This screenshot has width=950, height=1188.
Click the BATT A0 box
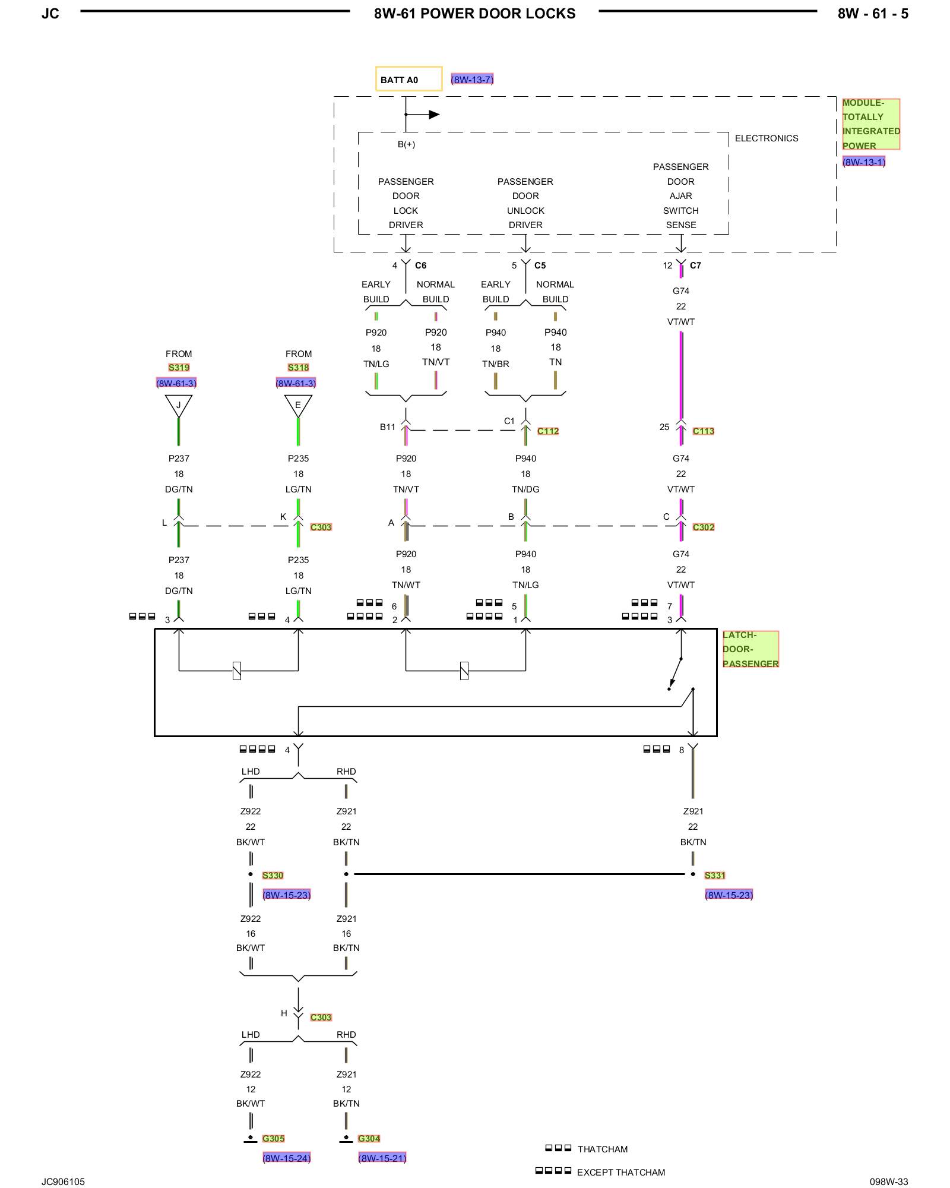(408, 79)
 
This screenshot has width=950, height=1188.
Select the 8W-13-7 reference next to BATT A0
(472, 80)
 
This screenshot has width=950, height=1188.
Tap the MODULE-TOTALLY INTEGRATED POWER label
(871, 124)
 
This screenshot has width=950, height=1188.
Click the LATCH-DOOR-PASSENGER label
(750, 649)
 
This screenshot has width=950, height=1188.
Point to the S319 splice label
(179, 368)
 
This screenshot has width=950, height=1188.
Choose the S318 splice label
(298, 368)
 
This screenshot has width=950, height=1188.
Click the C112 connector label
(548, 431)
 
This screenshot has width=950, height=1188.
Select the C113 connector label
(704, 431)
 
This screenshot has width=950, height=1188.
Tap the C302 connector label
(704, 527)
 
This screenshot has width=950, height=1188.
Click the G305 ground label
(274, 1139)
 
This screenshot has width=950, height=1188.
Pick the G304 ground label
(369, 1139)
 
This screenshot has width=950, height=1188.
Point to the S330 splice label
(273, 876)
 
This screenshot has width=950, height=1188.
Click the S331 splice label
(715, 876)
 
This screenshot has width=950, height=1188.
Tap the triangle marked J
(179, 406)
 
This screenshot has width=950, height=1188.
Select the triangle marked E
(298, 406)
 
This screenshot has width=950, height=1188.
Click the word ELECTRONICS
(767, 138)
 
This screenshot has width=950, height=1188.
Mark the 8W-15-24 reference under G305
(287, 1158)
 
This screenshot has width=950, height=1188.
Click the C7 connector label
(695, 266)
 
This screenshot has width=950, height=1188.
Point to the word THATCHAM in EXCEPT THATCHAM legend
(640, 1173)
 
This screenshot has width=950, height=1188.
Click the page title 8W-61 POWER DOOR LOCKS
(474, 14)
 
